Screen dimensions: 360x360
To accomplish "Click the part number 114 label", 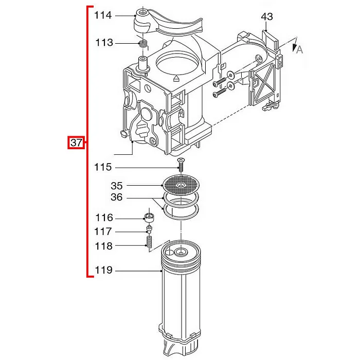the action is [103, 15].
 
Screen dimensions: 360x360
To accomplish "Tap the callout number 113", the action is [104, 43].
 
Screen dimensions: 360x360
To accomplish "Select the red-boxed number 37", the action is [76, 142].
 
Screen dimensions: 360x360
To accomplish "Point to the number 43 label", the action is [267, 16].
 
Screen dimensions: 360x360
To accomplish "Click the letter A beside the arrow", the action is [300, 49].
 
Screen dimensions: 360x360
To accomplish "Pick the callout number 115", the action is [103, 167].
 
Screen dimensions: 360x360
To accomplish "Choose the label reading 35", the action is [117, 186].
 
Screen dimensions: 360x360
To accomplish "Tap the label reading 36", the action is [117, 197].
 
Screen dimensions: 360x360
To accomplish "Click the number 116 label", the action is [104, 218].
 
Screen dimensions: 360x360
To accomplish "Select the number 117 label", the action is [103, 231].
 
